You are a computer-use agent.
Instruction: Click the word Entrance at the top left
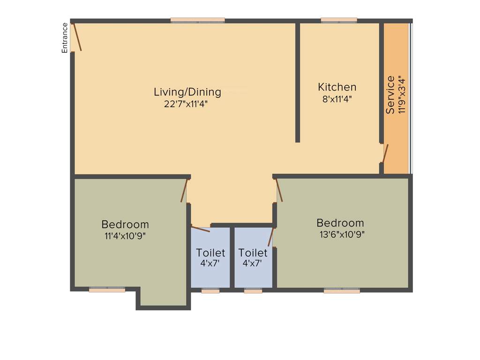click(65, 37)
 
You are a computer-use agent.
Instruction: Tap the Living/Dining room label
click(187, 92)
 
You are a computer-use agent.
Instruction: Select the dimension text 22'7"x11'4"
click(186, 104)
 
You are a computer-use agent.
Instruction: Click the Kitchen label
click(337, 87)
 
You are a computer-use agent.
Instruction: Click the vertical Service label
click(390, 95)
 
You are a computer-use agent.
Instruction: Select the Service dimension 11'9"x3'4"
click(401, 95)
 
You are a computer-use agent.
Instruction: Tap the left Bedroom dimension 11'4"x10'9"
click(125, 236)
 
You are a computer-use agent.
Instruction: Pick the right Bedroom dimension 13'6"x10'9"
click(342, 234)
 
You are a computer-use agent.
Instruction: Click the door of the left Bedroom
click(184, 190)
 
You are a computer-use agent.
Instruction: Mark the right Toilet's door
click(270, 237)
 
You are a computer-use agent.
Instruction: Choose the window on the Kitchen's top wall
click(339, 20)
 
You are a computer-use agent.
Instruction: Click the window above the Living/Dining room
click(197, 20)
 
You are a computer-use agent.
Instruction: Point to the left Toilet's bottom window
click(210, 291)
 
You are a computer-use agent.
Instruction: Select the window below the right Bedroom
click(342, 291)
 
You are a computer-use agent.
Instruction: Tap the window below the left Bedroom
click(107, 290)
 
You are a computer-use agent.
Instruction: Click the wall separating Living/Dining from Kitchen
click(298, 82)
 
